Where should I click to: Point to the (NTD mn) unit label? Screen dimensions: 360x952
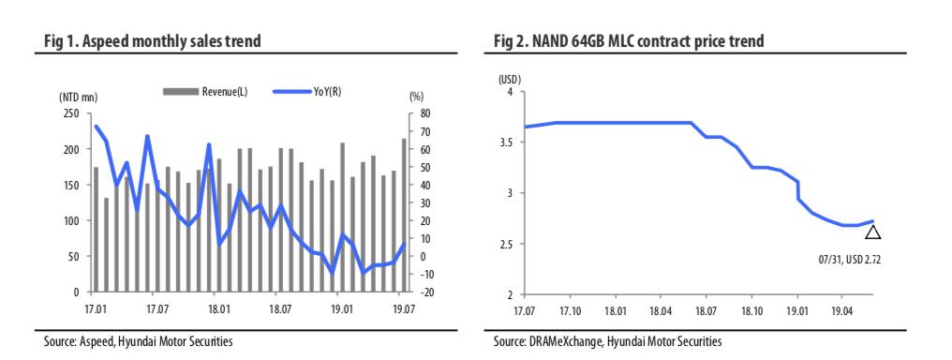[x=78, y=97]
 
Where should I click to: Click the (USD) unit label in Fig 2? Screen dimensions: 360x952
[x=509, y=79]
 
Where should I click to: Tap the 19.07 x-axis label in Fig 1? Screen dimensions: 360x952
[x=400, y=307]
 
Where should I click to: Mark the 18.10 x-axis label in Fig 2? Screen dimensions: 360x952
[x=751, y=308]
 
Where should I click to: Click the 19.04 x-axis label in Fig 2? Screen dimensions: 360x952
[x=841, y=308]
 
